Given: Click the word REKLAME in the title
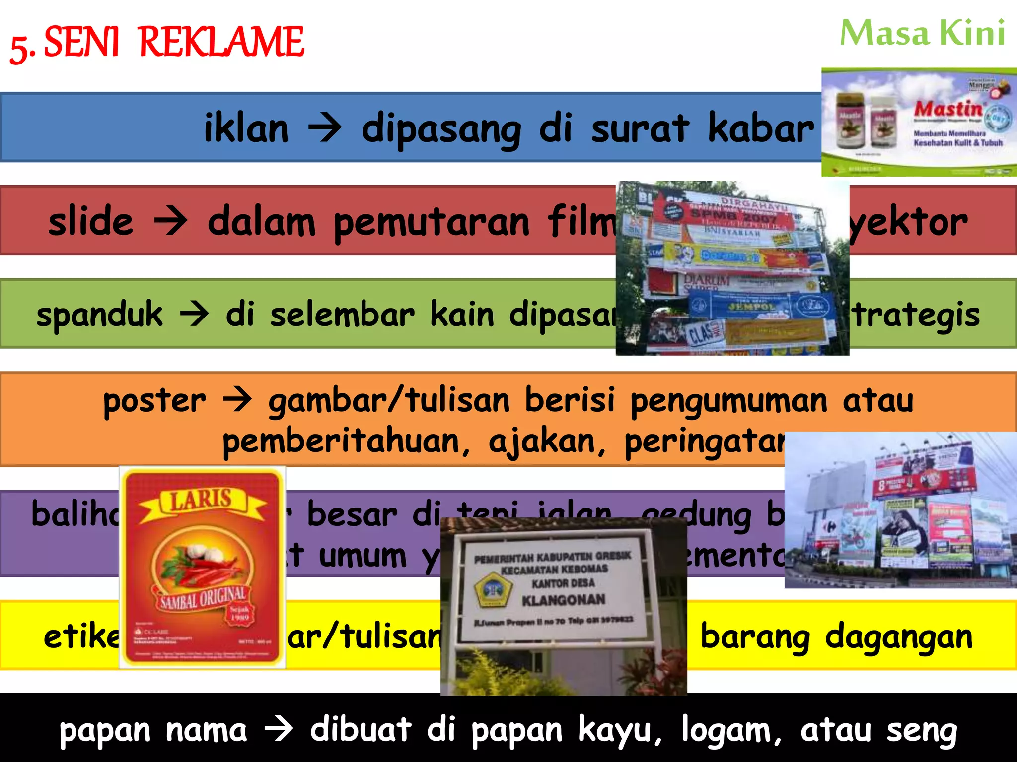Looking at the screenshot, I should pos(221,42).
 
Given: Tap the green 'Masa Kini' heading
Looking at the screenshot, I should pos(922,33).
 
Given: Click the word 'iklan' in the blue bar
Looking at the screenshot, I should pos(246,128).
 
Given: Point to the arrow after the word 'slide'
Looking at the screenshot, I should pos(171,221).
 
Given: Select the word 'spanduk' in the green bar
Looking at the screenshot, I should pos(99,315).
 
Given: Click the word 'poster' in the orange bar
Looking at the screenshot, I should pos(154,401).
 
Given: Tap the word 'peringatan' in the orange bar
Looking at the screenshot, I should pos(705,442).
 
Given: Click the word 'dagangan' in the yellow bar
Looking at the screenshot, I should pos(899,637).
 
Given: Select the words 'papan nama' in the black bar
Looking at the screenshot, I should pos(153,730).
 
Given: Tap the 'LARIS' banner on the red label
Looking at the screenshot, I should pos(202,500).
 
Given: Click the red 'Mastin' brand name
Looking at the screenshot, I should pos(948,109).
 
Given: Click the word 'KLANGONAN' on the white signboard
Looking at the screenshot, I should pos(564,600).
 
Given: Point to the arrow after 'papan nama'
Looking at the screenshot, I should pos(279,729).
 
